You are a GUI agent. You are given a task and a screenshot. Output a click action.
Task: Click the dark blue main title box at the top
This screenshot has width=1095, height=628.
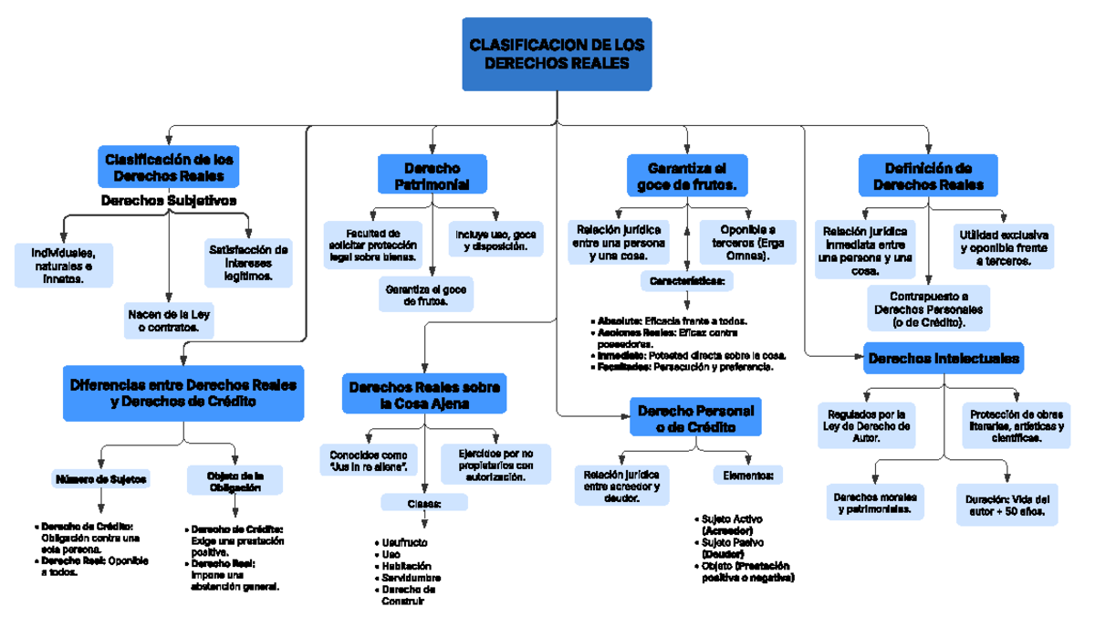[557, 54]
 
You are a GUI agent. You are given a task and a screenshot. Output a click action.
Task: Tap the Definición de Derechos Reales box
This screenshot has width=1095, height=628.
[928, 176]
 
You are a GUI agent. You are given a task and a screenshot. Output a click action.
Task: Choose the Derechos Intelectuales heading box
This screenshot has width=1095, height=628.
[944, 359]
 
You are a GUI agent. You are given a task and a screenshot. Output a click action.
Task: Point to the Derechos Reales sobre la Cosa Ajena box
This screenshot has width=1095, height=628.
[425, 395]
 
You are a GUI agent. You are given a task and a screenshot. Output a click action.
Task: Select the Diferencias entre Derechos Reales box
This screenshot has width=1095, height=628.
[183, 392]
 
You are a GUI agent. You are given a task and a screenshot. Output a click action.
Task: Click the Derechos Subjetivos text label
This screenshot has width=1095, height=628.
[169, 200]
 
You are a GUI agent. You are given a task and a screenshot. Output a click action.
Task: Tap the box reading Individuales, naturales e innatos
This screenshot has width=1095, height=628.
[64, 265]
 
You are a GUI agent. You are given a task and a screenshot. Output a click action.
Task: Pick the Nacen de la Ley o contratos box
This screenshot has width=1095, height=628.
[170, 320]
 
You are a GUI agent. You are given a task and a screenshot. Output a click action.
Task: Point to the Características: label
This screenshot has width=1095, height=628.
[686, 282]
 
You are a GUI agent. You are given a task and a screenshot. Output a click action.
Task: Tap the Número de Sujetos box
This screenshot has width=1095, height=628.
[101, 478]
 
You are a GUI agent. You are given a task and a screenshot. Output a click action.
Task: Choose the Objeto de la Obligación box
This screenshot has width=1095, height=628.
[235, 481]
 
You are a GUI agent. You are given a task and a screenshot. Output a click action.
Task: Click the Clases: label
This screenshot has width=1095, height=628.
[423, 503]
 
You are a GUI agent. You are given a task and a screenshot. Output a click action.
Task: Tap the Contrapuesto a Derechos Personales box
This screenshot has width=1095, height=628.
[927, 309]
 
